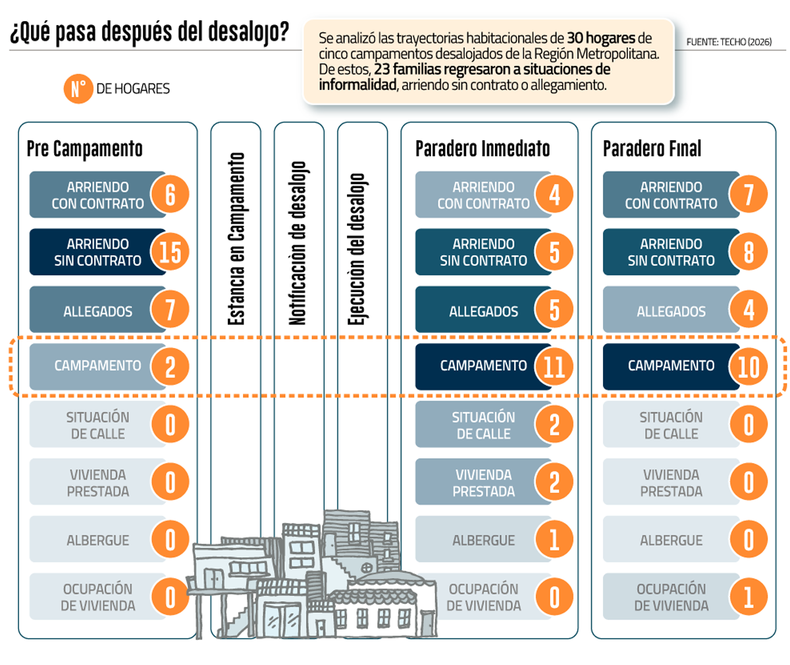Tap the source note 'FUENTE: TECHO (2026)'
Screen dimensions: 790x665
pos(729,42)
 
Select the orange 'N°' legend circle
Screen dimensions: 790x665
pos(78,88)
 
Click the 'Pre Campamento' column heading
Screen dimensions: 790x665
pos(85,149)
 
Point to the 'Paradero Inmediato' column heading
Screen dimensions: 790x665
pos(483,148)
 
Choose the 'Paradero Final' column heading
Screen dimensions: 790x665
pos(652,148)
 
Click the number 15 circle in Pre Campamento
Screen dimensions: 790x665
pos(170,252)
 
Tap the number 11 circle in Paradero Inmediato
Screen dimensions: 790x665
pos(554,366)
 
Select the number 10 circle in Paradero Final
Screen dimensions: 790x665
pos(749,366)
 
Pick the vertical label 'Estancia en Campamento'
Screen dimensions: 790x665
pos(236,239)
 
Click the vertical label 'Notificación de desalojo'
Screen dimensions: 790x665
pos(298,243)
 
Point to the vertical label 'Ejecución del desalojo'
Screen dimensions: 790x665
pos(357,249)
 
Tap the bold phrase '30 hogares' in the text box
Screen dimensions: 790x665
pos(601,38)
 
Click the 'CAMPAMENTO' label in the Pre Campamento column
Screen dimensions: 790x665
pos(97,366)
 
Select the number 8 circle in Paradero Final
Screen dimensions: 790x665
pos(749,252)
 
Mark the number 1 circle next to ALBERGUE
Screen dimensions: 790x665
pos(554,539)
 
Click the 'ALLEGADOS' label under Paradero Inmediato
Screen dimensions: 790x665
pos(483,312)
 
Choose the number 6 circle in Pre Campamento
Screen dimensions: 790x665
pos(170,194)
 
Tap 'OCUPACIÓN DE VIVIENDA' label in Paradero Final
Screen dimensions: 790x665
pos(671,597)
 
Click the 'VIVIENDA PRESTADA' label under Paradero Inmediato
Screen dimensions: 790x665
pos(483,483)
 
